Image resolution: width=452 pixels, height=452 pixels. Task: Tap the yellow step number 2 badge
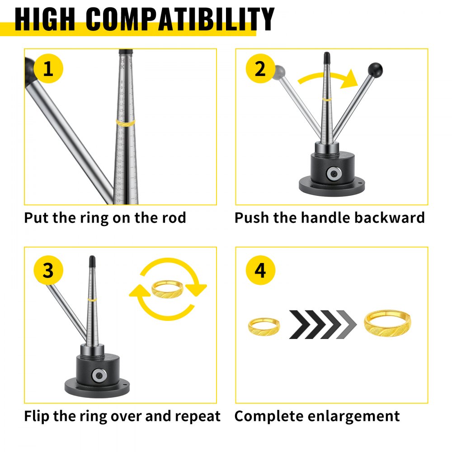pyautogui.click(x=260, y=70)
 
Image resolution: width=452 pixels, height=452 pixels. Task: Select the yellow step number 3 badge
pyautogui.click(x=48, y=271)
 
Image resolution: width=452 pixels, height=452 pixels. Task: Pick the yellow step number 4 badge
pyautogui.click(x=260, y=271)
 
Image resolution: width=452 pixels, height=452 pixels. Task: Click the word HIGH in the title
pyautogui.click(x=45, y=19)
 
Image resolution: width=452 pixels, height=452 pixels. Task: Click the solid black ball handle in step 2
pyautogui.click(x=375, y=70)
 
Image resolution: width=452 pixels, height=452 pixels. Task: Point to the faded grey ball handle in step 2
pyautogui.click(x=279, y=71)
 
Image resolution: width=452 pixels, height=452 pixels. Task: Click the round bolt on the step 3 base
pyautogui.click(x=98, y=376)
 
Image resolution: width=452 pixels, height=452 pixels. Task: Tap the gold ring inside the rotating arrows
pyautogui.click(x=168, y=288)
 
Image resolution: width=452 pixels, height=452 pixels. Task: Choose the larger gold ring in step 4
pyautogui.click(x=388, y=324)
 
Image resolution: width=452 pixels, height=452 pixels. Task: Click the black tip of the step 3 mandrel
pyautogui.click(x=92, y=261)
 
